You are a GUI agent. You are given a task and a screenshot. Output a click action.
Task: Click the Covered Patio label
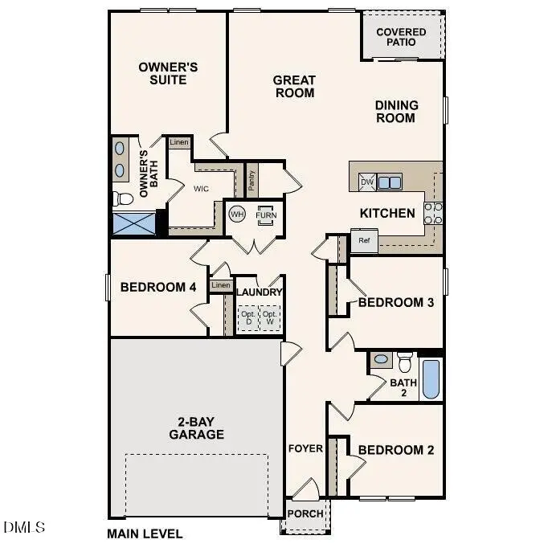[x=401, y=37]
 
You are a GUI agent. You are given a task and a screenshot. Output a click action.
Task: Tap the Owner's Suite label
[x=168, y=73]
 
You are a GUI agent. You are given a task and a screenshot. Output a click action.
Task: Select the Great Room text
[x=294, y=86]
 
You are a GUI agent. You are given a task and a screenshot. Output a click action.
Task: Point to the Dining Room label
[x=396, y=111]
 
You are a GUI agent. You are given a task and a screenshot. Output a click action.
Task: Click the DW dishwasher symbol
[x=366, y=182]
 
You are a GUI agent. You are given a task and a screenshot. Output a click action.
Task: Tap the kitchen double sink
[x=390, y=182]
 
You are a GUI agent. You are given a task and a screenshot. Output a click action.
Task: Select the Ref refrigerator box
[x=364, y=240]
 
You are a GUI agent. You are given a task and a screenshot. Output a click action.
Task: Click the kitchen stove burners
[x=433, y=213]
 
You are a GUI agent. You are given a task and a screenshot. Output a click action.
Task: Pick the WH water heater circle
[x=237, y=215]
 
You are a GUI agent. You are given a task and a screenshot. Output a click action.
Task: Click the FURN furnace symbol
[x=265, y=215]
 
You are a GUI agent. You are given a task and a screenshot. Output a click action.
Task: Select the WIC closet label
[x=201, y=190]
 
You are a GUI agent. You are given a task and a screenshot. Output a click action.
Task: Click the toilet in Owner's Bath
[x=123, y=198]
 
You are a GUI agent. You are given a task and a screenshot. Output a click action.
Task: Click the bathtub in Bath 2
[x=431, y=379]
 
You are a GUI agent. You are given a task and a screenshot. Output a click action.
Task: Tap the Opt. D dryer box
[x=247, y=317]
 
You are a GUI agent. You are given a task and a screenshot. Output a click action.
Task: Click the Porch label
[x=305, y=513]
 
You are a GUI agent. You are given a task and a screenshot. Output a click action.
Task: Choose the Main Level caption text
[x=145, y=534]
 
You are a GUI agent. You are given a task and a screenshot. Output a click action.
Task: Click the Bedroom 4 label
[x=158, y=287]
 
